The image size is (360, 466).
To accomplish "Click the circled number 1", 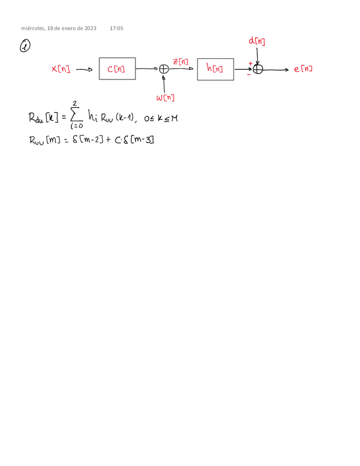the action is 25,48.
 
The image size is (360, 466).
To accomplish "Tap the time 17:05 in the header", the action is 117,27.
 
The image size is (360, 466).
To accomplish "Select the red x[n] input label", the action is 60,69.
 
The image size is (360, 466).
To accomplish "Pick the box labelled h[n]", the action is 215,69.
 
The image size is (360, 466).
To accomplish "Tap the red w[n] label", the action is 165,97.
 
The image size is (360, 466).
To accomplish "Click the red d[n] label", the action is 257,41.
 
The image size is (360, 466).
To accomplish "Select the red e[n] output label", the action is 303,69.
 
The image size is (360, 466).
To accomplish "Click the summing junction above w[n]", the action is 163,69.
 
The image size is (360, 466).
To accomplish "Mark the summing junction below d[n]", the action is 258,69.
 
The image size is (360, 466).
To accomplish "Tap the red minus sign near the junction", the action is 249,75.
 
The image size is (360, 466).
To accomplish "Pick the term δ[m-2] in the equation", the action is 87,140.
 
